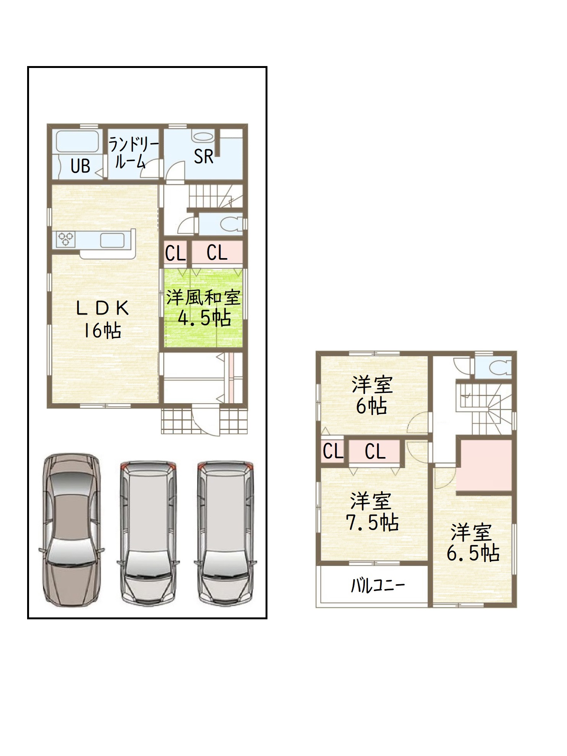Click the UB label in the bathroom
tap(80, 166)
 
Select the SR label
tap(203, 156)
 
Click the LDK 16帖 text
tap(102, 319)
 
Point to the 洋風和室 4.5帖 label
tap(203, 308)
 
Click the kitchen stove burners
tap(65, 239)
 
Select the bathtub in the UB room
tap(78, 142)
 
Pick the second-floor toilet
tap(500, 368)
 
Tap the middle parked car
tap(148, 533)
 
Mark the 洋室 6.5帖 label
tap(473, 543)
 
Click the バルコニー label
tap(378, 585)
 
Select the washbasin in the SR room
tap(203, 137)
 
